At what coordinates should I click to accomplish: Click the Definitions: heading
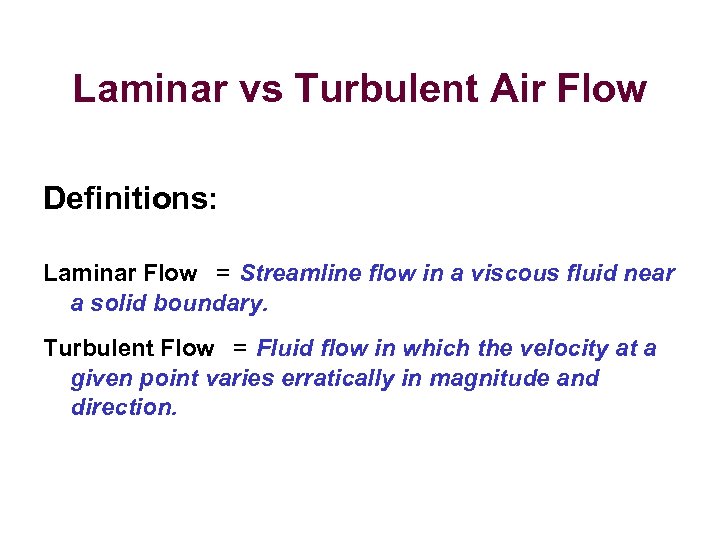pos(130,198)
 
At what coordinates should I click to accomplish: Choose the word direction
pos(123,408)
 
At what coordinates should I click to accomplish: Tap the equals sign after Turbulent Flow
pos(240,348)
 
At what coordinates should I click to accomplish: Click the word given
pos(99,379)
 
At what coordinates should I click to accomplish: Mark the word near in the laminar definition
pos(651,273)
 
